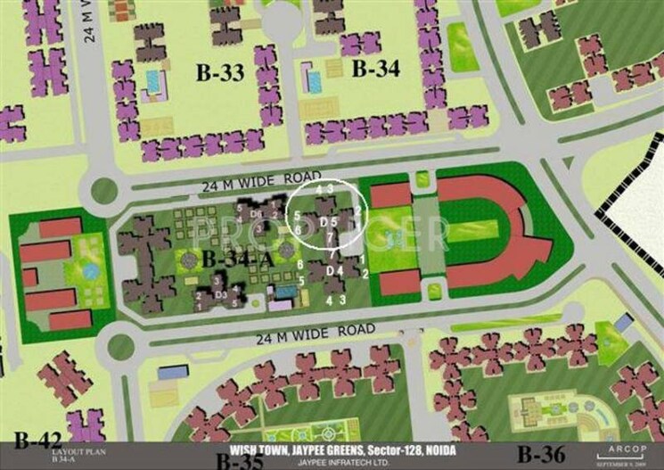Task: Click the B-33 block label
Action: tap(219, 73)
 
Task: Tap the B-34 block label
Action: tap(374, 69)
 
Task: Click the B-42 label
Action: tap(37, 438)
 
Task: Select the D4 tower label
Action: tap(333, 270)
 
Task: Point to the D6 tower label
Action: tap(256, 214)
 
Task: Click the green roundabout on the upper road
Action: tap(104, 190)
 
